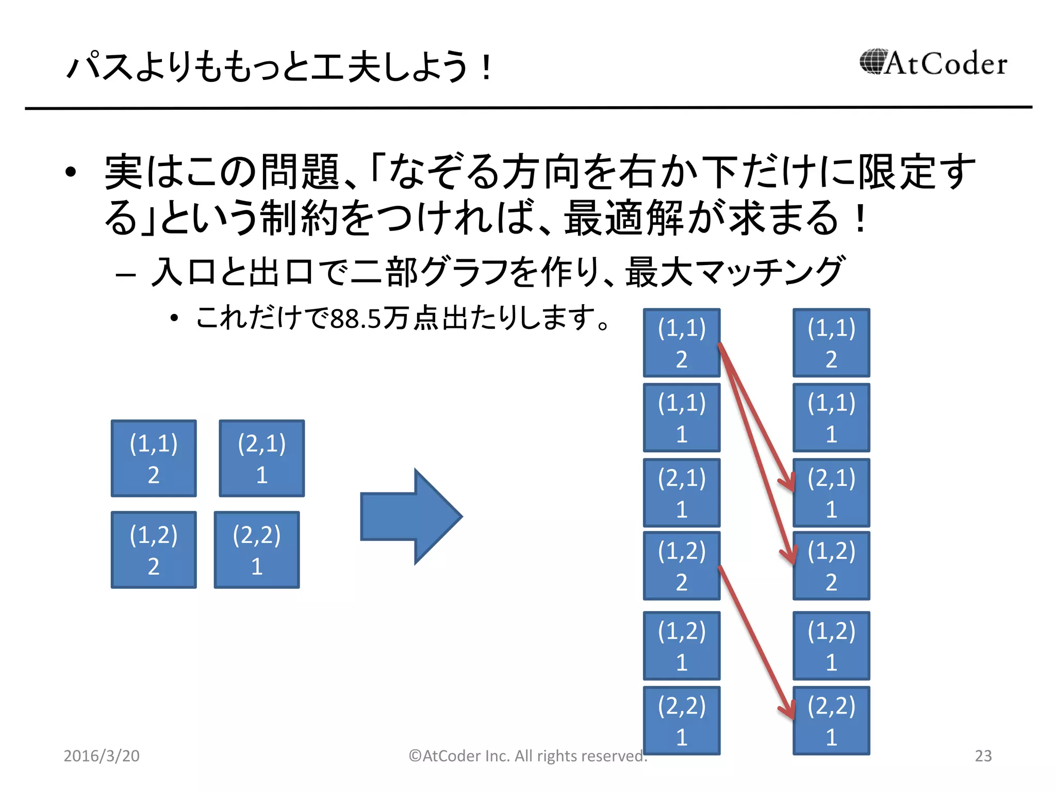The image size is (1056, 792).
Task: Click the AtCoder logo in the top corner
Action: [933, 63]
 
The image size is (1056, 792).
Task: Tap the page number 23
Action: [983, 755]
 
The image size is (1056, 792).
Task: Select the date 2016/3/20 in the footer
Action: [102, 755]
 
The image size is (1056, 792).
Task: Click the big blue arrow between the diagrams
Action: [411, 516]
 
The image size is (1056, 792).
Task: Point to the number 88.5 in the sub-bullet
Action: [355, 319]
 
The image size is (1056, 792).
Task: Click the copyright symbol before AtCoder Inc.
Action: [415, 755]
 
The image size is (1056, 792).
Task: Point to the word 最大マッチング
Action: [734, 272]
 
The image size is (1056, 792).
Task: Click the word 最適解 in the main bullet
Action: [623, 218]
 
